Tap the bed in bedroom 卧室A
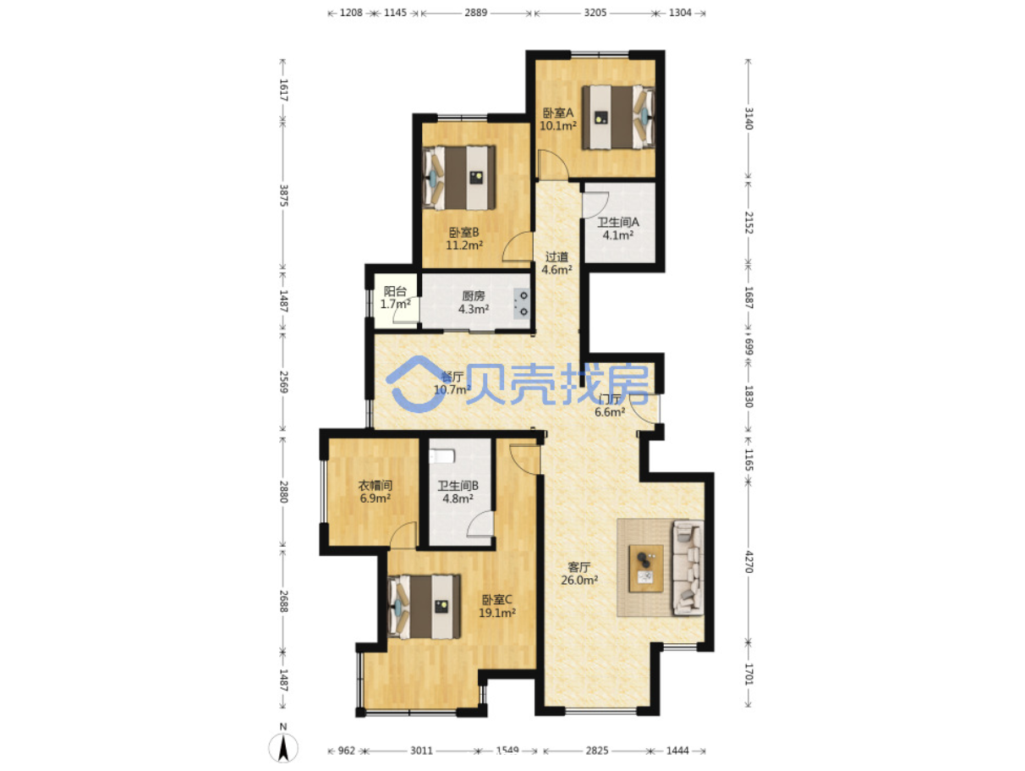click(x=617, y=117)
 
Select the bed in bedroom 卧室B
click(x=458, y=178)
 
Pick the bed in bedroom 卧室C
click(x=424, y=607)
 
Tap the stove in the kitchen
click(x=522, y=303)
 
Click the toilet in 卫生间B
click(x=441, y=455)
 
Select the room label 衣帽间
click(x=375, y=486)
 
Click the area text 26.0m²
click(x=579, y=581)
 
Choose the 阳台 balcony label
click(x=395, y=291)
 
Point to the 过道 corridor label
click(x=556, y=257)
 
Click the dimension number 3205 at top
click(x=595, y=13)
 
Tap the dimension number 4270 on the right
click(x=748, y=562)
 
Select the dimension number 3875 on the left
click(x=283, y=196)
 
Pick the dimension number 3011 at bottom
click(x=421, y=751)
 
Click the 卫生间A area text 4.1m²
click(x=618, y=235)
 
